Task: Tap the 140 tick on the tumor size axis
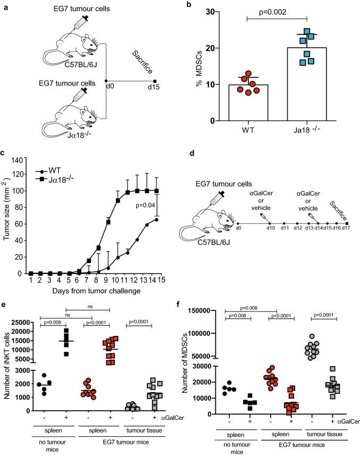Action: tap(22, 160)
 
